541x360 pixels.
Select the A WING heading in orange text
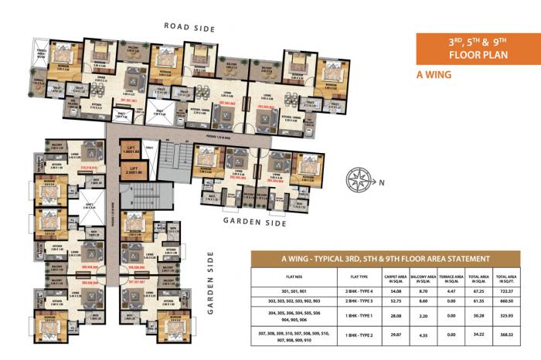tap(437, 75)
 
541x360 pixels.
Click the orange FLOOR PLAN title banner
tap(469, 49)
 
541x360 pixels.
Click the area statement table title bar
tap(391, 257)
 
